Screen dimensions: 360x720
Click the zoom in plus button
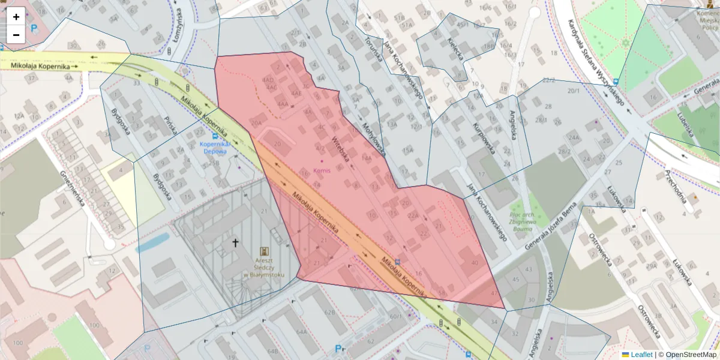click(16, 17)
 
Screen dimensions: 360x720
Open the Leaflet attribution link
click(641, 355)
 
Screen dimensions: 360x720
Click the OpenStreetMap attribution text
click(691, 355)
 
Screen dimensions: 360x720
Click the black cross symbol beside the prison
click(235, 243)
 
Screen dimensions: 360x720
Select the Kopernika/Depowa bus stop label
click(215, 148)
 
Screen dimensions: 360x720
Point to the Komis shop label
click(322, 170)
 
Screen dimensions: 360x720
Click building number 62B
click(329, 313)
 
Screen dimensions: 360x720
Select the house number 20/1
click(574, 91)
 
